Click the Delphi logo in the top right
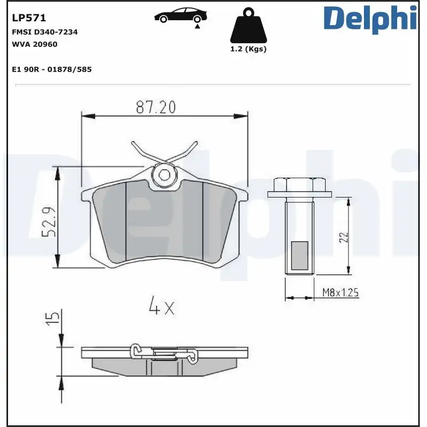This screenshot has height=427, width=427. [x=370, y=18]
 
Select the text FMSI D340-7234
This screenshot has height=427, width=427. [x=45, y=32]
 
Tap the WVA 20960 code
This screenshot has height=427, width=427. [x=35, y=44]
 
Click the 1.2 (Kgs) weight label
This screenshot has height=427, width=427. [x=248, y=49]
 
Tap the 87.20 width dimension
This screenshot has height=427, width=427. [x=155, y=107]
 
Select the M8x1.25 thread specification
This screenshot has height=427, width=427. [x=340, y=292]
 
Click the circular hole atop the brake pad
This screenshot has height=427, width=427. [x=164, y=175]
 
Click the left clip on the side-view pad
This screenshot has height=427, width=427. [x=138, y=352]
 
